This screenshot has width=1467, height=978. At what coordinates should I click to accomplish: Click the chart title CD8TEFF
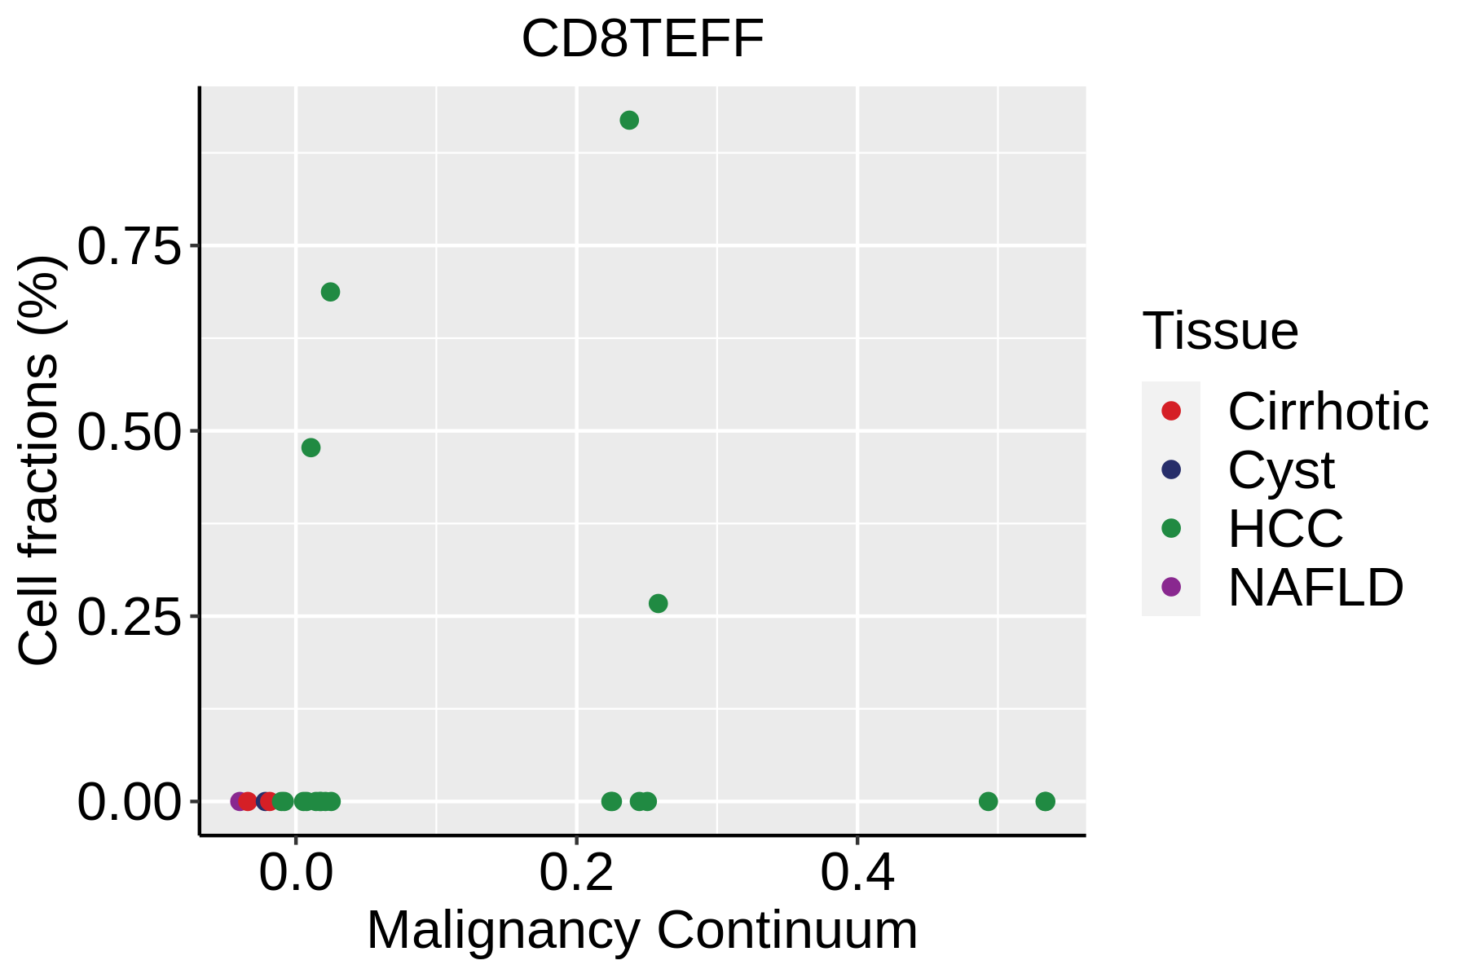[643, 39]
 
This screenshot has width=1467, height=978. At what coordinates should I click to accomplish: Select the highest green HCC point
[629, 121]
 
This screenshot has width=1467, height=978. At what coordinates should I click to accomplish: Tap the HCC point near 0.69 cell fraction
[330, 292]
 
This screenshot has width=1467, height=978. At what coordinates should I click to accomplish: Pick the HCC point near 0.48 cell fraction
[311, 447]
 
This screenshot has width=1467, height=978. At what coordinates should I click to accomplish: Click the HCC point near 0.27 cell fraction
[658, 603]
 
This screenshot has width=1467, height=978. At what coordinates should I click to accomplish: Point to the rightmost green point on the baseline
[1045, 801]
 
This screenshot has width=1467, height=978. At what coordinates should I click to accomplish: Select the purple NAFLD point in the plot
[239, 801]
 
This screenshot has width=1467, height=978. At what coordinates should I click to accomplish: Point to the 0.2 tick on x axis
[576, 874]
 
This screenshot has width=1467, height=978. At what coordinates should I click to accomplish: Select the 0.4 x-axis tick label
[857, 874]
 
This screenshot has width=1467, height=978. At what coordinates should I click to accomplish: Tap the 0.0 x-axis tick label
[296, 874]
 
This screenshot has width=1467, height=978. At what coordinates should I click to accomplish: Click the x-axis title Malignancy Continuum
[642, 931]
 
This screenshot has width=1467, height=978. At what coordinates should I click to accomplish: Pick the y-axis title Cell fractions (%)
[38, 460]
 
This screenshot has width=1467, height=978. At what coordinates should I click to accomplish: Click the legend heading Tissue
[1220, 331]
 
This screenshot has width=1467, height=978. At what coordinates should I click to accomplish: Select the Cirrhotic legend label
[1328, 412]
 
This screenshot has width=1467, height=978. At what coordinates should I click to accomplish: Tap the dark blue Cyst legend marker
[1171, 469]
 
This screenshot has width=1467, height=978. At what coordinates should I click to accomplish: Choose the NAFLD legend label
[1315, 587]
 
